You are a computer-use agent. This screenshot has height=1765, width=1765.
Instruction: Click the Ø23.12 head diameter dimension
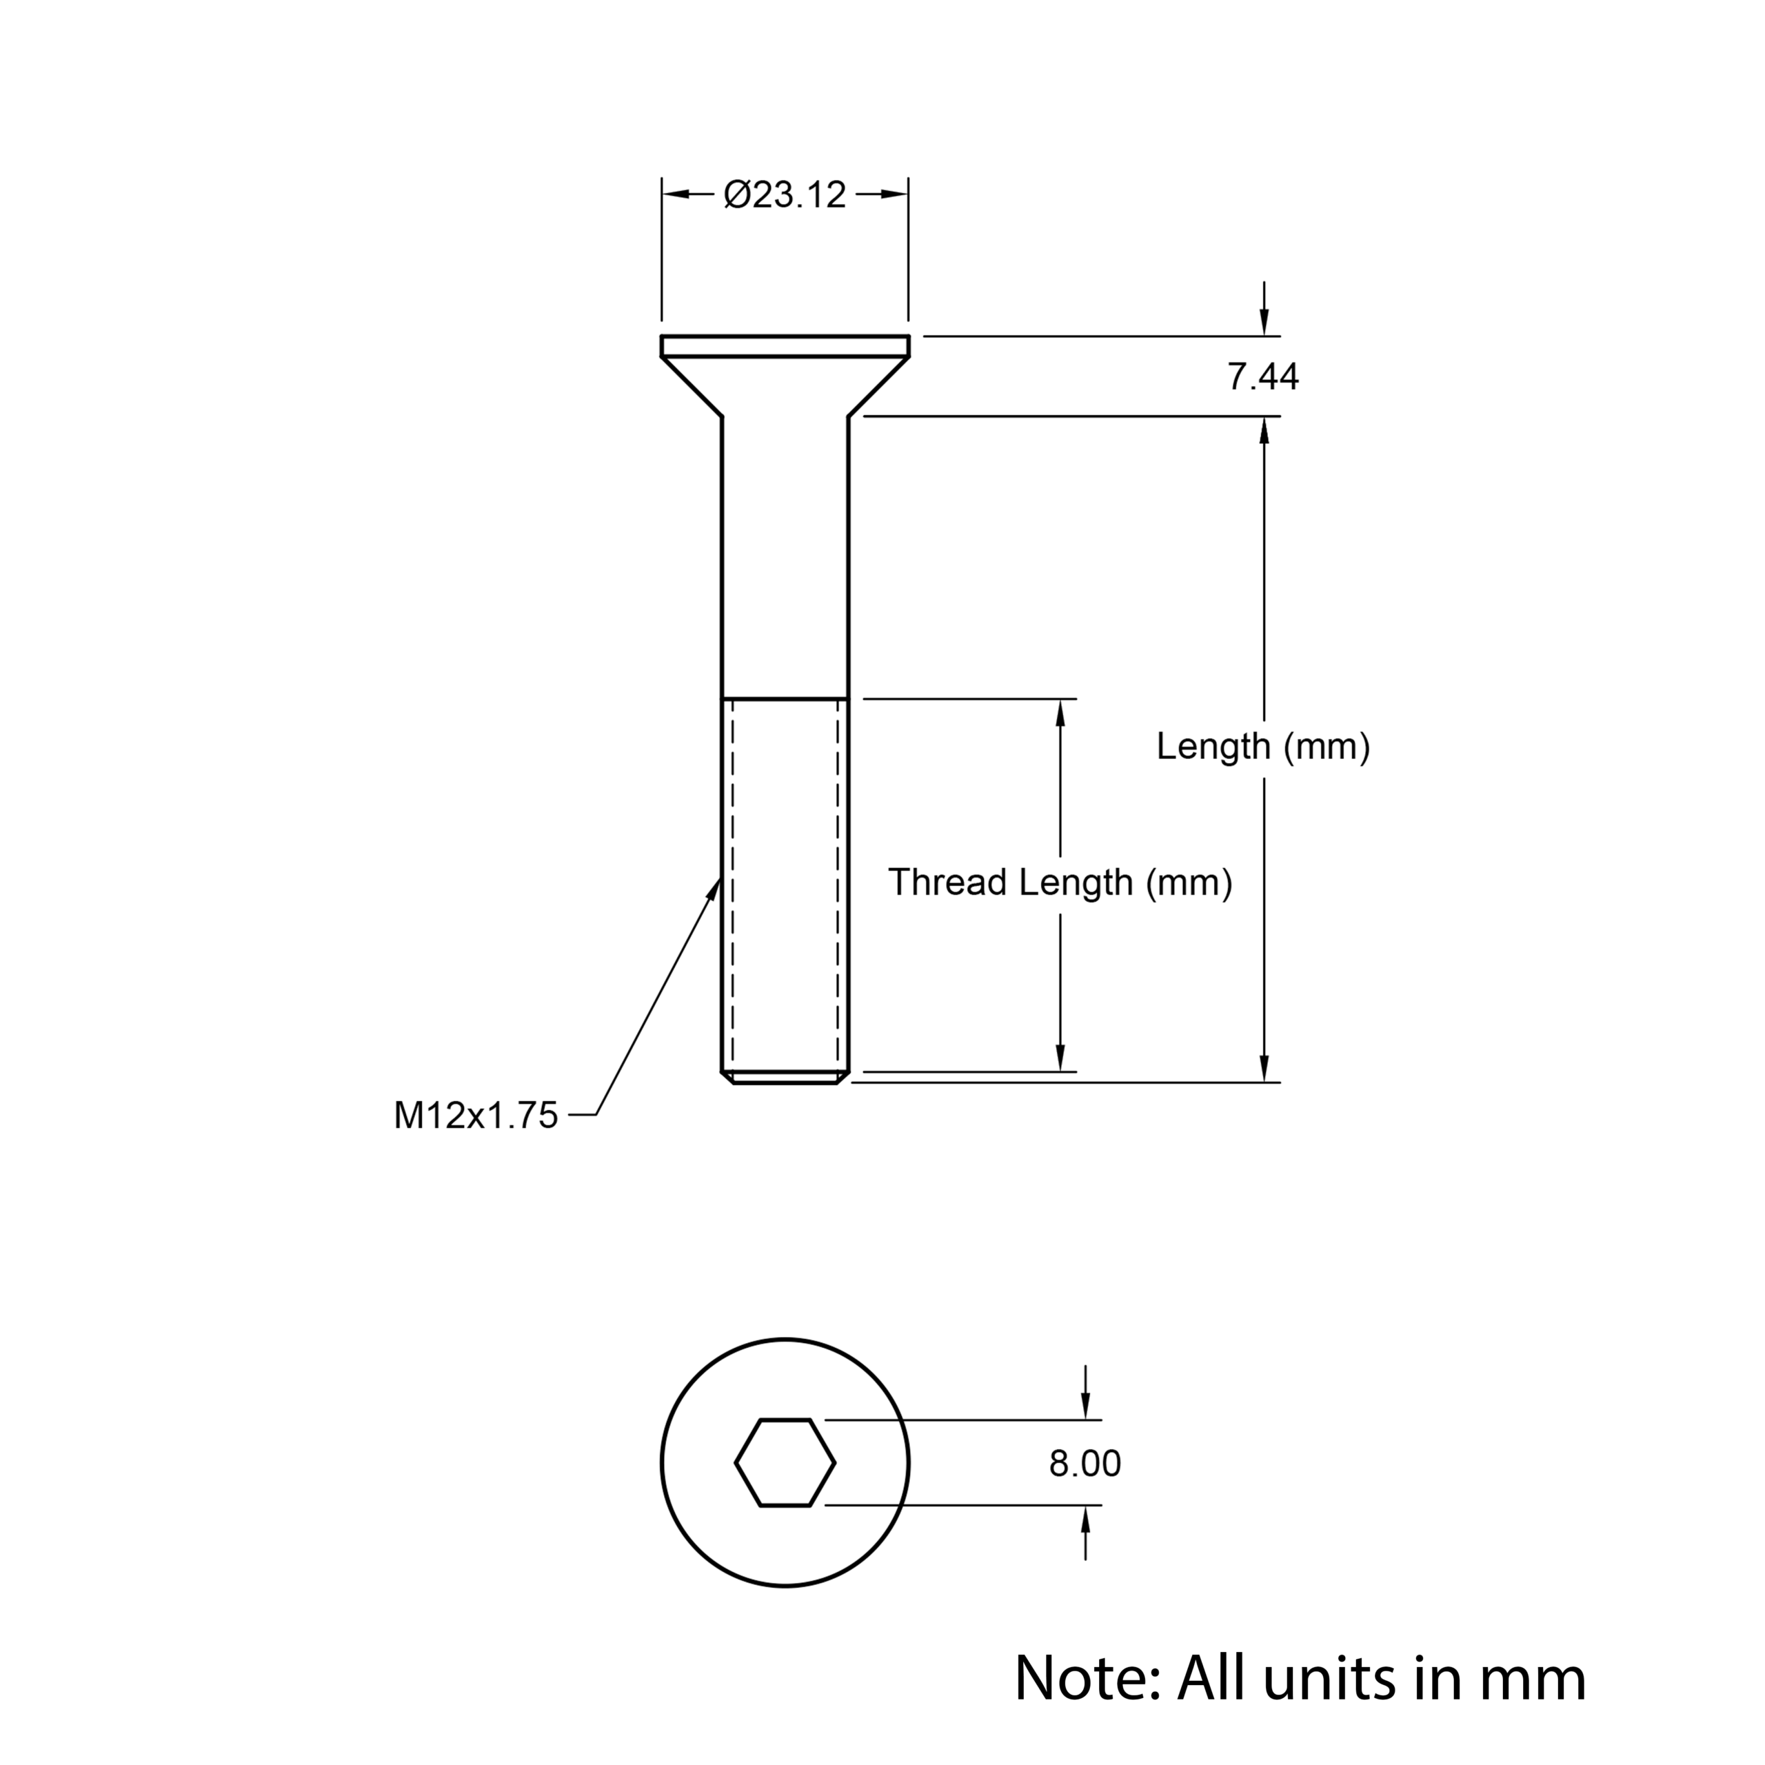point(785,194)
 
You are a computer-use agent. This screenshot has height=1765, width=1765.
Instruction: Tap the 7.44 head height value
point(1262,376)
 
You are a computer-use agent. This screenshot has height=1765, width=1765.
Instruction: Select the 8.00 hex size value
point(1085,1464)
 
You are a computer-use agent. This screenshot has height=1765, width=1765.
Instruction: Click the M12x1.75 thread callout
point(475,1116)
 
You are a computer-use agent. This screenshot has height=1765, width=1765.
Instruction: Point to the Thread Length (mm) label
point(1060,882)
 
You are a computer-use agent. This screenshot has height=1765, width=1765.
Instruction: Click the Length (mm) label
point(1262,747)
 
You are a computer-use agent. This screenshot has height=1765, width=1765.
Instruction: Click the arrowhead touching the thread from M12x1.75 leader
point(714,890)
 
